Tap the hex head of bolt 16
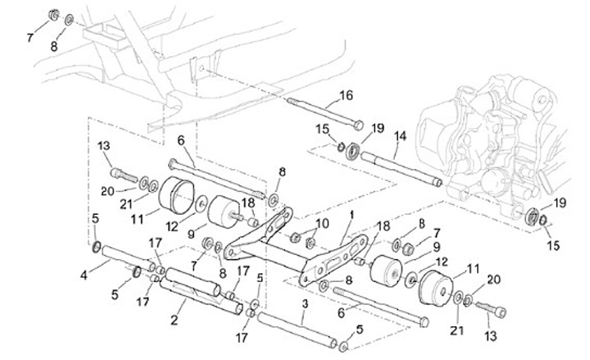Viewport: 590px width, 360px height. [x=360, y=125]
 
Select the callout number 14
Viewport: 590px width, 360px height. [x=401, y=134]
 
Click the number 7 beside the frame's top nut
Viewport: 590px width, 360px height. [x=31, y=38]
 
